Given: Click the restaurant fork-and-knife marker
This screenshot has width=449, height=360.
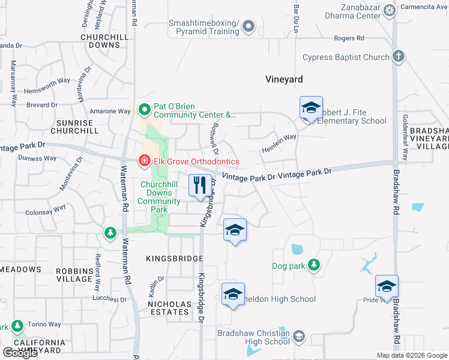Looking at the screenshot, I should coord(200,185).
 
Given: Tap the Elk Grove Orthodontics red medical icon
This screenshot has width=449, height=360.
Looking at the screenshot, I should coord(144,161).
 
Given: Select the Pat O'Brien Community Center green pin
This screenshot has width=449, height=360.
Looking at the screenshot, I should coord(144,110).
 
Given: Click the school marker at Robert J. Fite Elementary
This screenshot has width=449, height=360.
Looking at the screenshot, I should coord(311,109).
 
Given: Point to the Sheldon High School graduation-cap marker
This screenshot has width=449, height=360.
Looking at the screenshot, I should coord(233,295).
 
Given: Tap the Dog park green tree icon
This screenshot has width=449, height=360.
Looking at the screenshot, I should coord(313,265).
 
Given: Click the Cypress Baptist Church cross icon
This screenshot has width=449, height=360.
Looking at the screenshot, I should coord(397,57).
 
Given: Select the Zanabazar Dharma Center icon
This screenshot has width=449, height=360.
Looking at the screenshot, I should coord(390,11).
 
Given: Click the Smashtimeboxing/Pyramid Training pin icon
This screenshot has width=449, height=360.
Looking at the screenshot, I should coord(250,26).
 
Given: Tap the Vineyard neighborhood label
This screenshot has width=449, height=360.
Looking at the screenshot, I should coord(285,79).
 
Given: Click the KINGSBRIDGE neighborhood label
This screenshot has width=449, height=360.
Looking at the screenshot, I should coord(175,258).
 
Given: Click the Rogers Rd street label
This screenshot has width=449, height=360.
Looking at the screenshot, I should coord(349,38).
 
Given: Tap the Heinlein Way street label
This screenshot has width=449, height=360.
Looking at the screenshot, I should coord(279,142).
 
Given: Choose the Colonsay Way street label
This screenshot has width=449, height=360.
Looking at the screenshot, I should coord(46,211).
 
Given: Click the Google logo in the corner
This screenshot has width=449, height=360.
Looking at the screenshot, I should coord(19,353).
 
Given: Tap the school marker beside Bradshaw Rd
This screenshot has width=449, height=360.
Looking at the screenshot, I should coord(387,287).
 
